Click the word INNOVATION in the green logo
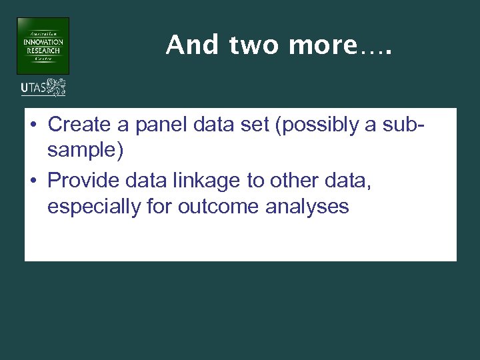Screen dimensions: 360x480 (43, 42)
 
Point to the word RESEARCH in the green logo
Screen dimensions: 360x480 (43, 51)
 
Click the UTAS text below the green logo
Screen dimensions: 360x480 (33, 87)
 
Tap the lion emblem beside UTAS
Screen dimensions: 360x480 (56, 87)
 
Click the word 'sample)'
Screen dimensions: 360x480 (85, 151)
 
